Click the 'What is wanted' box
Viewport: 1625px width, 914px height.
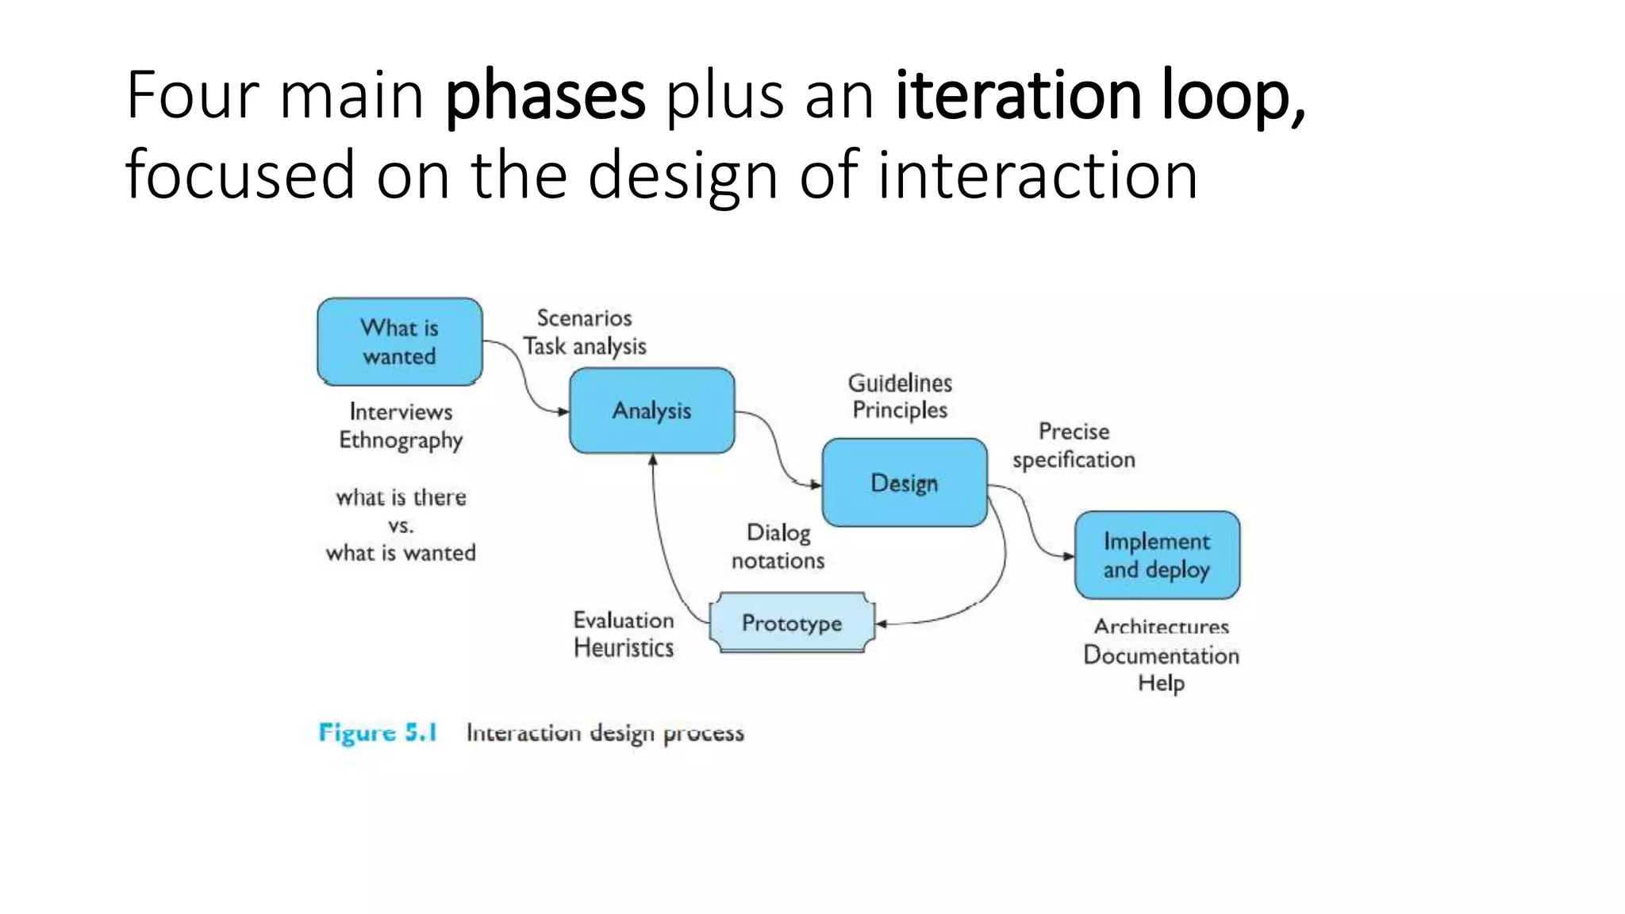(x=399, y=342)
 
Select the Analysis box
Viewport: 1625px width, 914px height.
(x=651, y=410)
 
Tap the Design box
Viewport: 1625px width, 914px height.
(x=905, y=482)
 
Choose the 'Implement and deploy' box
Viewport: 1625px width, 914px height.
(x=1157, y=555)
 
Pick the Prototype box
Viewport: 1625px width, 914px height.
(x=792, y=623)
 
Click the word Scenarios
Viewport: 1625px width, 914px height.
(x=584, y=318)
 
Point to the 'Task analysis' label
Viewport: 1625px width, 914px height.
(x=585, y=347)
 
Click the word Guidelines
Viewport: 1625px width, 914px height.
(x=900, y=383)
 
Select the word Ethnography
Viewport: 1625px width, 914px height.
(x=401, y=440)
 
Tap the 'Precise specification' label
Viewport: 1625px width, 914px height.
(x=1074, y=445)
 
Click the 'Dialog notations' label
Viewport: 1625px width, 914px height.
(x=778, y=547)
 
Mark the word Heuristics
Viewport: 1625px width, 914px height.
(x=624, y=648)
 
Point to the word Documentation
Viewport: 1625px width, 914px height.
(x=1161, y=655)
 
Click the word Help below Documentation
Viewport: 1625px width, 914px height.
(x=1161, y=683)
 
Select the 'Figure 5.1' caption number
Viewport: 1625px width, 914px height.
(x=378, y=732)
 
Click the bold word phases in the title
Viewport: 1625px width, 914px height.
(x=545, y=97)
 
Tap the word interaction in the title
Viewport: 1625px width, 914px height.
(x=1037, y=175)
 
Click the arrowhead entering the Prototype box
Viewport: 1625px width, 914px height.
(x=881, y=624)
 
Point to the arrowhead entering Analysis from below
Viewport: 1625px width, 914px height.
(x=653, y=459)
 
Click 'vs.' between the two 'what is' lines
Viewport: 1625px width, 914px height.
(x=401, y=525)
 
